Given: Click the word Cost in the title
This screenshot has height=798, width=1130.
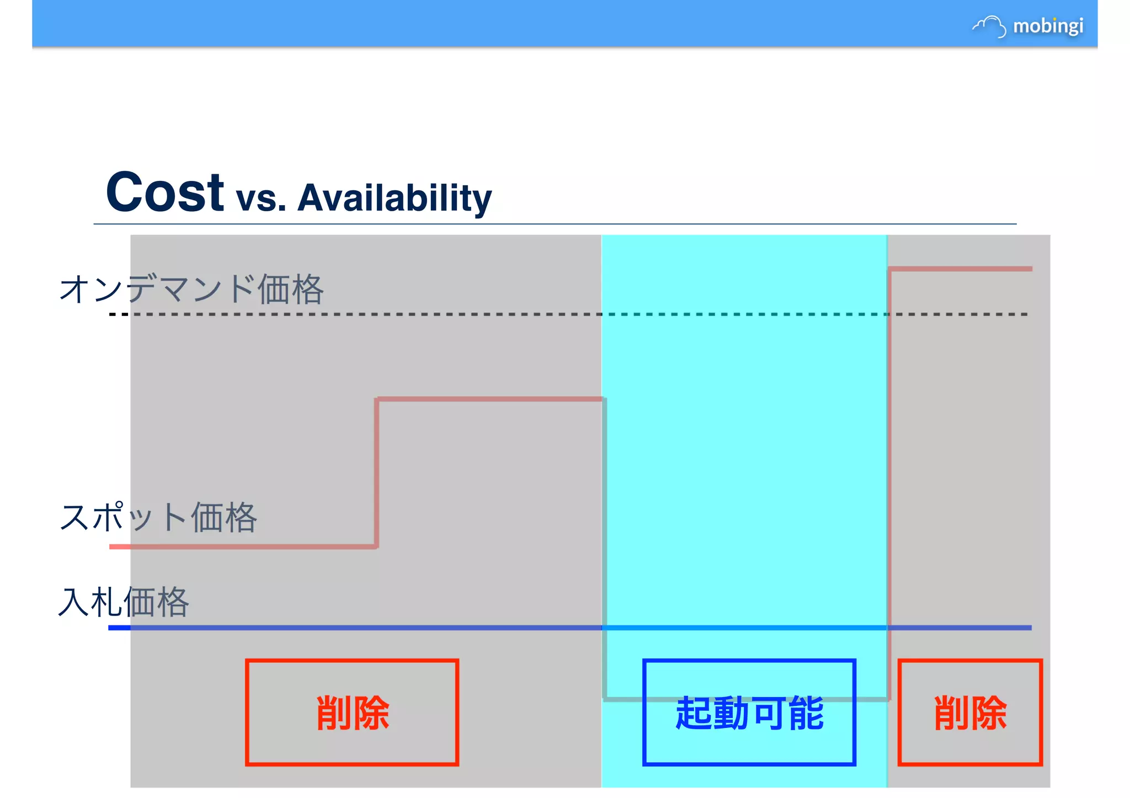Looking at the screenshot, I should pyautogui.click(x=164, y=192).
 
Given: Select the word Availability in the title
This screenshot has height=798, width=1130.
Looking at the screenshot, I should pyautogui.click(x=394, y=198).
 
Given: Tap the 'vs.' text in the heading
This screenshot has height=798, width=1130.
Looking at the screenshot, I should pyautogui.click(x=261, y=199).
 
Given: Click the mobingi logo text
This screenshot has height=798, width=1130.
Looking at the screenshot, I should pyautogui.click(x=1048, y=26).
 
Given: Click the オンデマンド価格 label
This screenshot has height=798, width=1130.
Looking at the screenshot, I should pyautogui.click(x=191, y=289).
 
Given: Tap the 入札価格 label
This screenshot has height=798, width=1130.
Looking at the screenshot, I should pyautogui.click(x=124, y=602).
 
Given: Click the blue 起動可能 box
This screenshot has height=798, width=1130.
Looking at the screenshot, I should pyautogui.click(x=749, y=712).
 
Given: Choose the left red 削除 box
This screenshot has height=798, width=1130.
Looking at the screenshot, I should pyautogui.click(x=352, y=712).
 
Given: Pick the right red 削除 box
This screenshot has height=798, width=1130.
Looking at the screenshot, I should pyautogui.click(x=970, y=712).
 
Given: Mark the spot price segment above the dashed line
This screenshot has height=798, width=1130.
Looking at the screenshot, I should pyautogui.click(x=960, y=269).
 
